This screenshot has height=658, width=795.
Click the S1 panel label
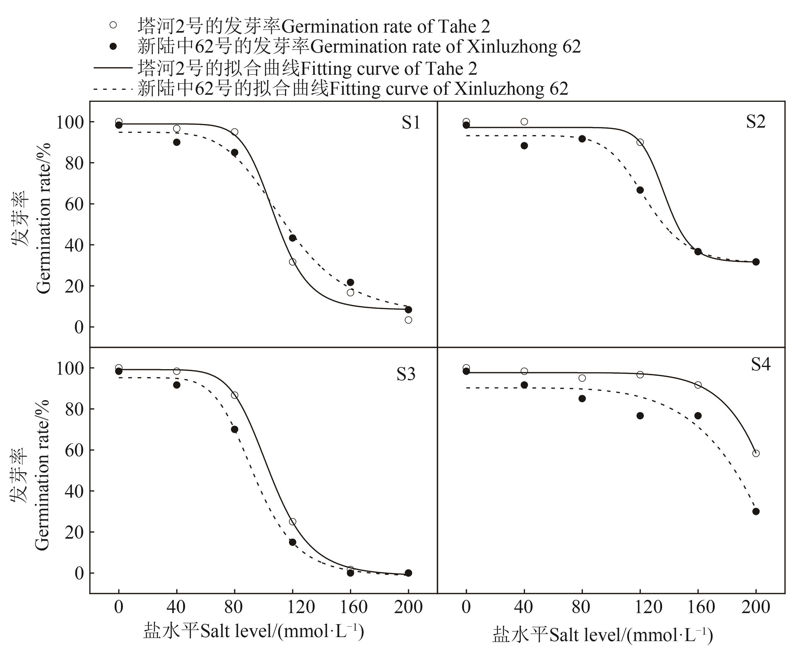click(411, 123)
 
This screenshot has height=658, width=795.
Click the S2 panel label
click(756, 122)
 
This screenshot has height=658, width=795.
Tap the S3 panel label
click(406, 374)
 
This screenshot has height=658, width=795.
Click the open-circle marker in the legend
click(113, 25)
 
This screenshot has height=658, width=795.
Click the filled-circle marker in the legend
click(113, 46)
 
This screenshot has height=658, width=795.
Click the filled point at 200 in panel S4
click(756, 512)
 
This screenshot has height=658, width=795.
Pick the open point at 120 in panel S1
click(292, 262)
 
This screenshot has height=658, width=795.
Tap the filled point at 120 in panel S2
click(640, 190)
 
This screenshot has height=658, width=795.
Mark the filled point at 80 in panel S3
click(234, 429)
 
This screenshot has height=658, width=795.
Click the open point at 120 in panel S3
click(292, 522)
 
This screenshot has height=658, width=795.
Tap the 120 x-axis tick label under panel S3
click(301, 607)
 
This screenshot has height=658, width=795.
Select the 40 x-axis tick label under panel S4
click(524, 607)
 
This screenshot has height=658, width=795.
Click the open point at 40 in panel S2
click(524, 122)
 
